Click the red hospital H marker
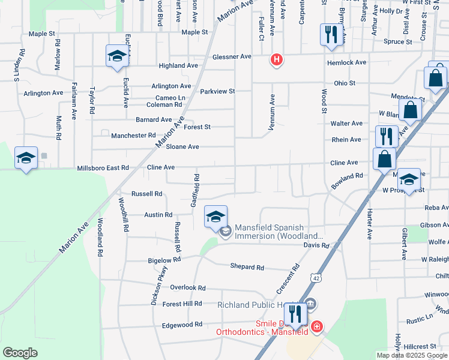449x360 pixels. pyautogui.click(x=276, y=59)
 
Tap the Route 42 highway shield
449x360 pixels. pyautogui.click(x=316, y=278)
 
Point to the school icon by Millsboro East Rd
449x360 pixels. pyautogui.click(x=26, y=158)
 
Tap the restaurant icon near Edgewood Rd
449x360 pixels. pyautogui.click(x=295, y=314)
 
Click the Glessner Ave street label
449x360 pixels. pyautogui.click(x=232, y=57)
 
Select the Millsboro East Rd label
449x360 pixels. pyautogui.click(x=103, y=168)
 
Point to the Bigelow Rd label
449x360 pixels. pyautogui.click(x=164, y=260)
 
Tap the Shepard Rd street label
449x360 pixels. pyautogui.click(x=247, y=267)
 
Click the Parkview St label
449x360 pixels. pyautogui.click(x=217, y=91)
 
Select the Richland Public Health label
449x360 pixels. pyautogui.click(x=258, y=305)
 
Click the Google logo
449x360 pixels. pyautogui.click(x=20, y=353)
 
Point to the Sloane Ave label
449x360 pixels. pyautogui.click(x=182, y=147)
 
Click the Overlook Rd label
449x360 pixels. pyautogui.click(x=187, y=288)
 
